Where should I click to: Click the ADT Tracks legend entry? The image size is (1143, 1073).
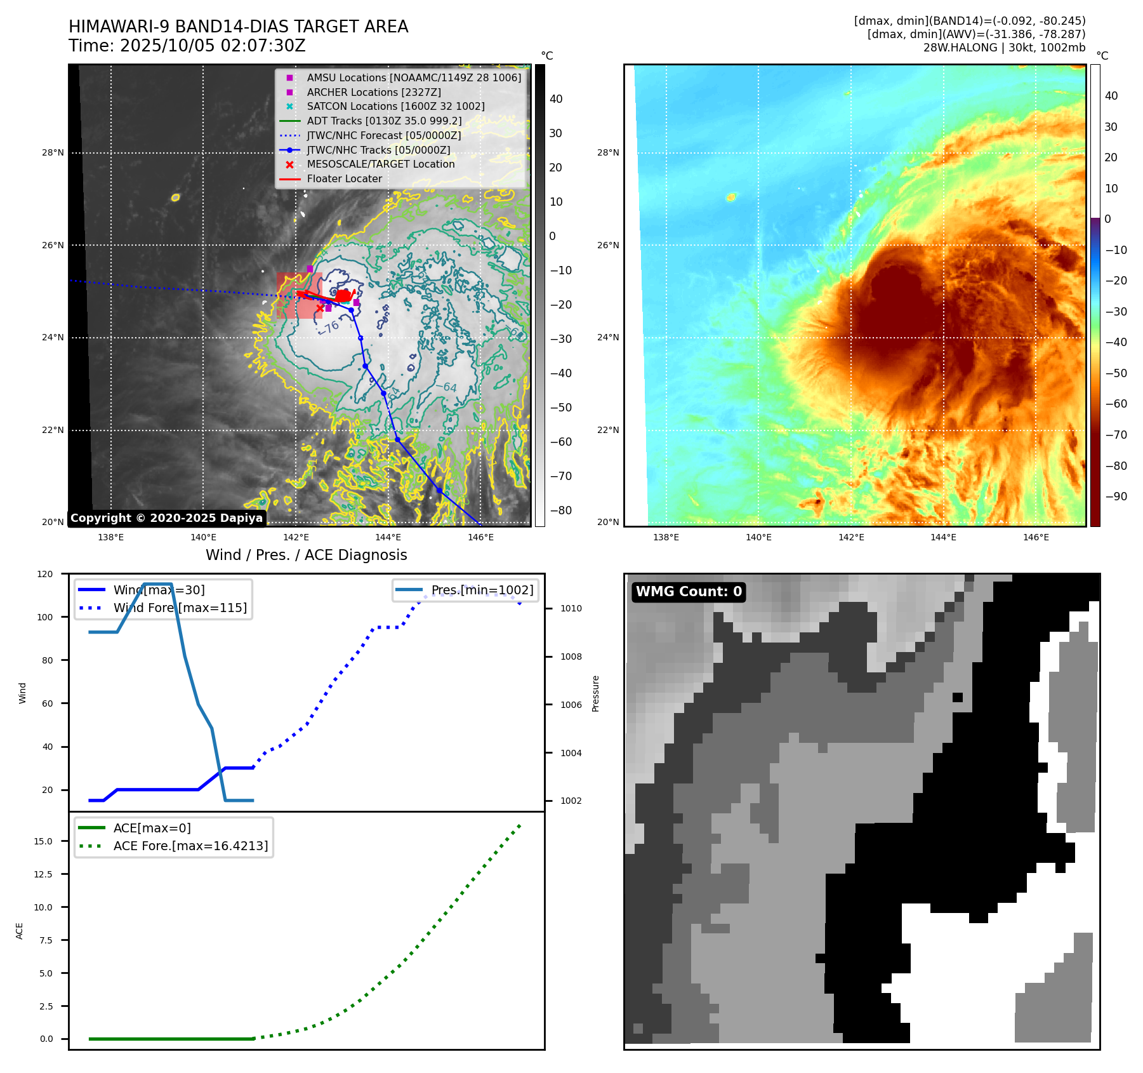click(x=384, y=121)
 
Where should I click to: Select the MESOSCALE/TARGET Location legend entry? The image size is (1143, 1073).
click(x=380, y=164)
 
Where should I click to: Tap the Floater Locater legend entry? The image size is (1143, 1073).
click(x=344, y=179)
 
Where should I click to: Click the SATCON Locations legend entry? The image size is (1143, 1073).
click(x=395, y=107)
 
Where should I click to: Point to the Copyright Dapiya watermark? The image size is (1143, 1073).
click(x=166, y=518)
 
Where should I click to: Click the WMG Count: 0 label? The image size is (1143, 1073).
click(x=689, y=592)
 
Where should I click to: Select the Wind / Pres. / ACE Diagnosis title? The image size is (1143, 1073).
click(x=306, y=555)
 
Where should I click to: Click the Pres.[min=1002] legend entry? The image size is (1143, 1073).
click(x=482, y=590)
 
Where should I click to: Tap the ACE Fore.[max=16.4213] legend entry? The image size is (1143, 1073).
click(x=190, y=846)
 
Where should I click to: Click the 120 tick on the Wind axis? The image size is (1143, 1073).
click(x=45, y=574)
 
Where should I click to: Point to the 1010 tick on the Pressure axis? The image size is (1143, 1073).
click(x=571, y=608)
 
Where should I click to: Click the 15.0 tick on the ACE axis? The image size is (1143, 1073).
click(x=43, y=841)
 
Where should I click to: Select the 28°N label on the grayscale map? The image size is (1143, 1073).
click(x=53, y=153)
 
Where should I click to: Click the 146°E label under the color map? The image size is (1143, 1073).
click(x=1036, y=537)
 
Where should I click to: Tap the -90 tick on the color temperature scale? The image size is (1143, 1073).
click(x=1116, y=497)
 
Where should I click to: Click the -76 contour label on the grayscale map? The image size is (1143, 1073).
click(x=329, y=328)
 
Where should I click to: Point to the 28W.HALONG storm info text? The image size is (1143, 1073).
click(x=1004, y=48)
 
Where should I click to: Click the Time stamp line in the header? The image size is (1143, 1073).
click(x=187, y=46)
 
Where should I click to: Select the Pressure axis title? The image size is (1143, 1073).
click(x=595, y=693)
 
